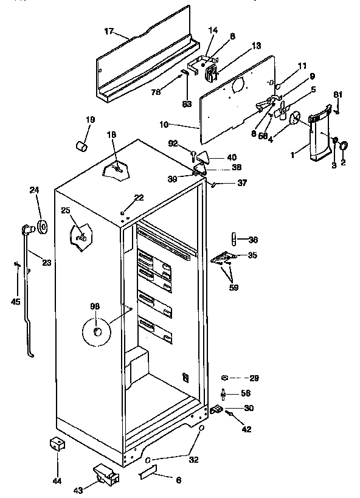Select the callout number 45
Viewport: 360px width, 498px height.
click(16, 302)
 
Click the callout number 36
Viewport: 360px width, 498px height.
click(253, 239)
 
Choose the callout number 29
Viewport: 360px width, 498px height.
click(254, 378)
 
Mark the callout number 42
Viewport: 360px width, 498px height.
click(247, 429)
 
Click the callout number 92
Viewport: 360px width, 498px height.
click(173, 144)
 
